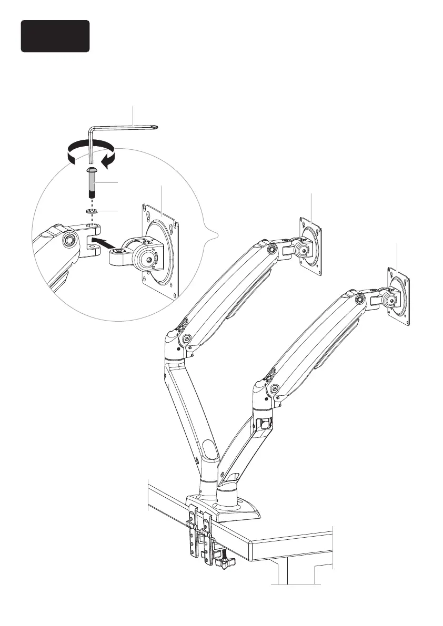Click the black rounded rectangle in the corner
click(55, 36)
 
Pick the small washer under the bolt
click(92, 211)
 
